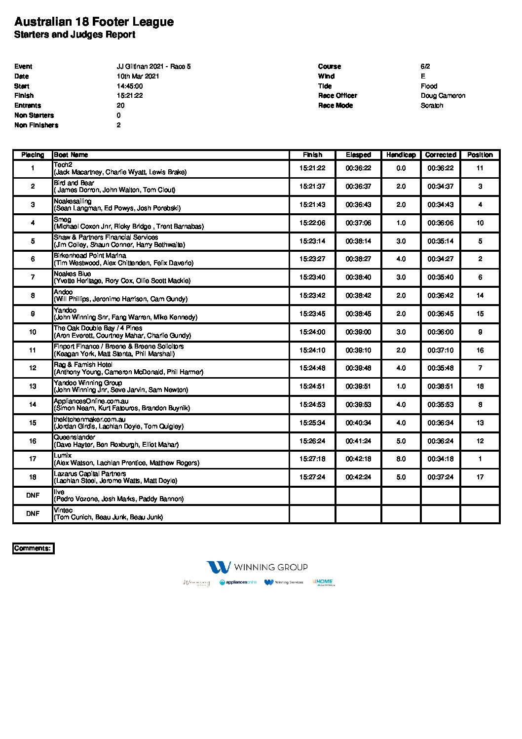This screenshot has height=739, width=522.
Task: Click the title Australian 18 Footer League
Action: click(94, 22)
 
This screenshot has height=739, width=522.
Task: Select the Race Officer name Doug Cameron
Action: click(443, 96)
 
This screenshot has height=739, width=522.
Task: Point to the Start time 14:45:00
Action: click(130, 86)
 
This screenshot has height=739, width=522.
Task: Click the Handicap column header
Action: click(401, 155)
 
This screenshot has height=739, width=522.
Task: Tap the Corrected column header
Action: click(441, 155)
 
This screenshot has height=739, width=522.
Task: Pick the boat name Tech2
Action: click(63, 165)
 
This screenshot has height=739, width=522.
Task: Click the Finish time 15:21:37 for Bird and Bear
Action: click(312, 187)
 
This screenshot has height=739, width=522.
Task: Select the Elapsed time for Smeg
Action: click(358, 223)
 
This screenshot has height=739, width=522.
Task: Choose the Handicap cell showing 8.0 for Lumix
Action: click(401, 459)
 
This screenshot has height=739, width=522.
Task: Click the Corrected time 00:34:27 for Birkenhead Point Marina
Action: click(441, 259)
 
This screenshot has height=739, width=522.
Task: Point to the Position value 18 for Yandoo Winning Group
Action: click(480, 387)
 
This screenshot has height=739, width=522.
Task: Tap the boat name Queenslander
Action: click(74, 437)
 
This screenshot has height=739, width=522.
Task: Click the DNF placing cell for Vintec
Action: click(33, 514)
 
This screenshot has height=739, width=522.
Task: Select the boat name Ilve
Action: click(59, 492)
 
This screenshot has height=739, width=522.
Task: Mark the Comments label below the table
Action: click(33, 548)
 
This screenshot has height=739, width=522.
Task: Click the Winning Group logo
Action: click(257, 567)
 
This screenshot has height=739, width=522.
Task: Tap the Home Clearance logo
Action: click(323, 583)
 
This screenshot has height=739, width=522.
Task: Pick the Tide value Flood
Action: click(429, 86)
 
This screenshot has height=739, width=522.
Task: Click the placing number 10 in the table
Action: click(33, 332)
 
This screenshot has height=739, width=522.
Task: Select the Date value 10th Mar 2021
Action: click(138, 77)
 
